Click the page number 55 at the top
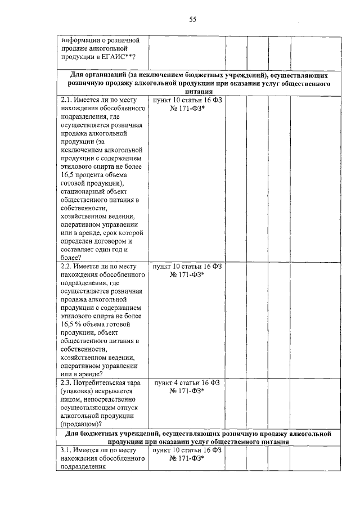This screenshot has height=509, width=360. click(x=192, y=20)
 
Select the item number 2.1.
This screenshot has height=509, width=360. click(x=67, y=100)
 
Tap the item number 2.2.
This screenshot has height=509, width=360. click(x=67, y=266)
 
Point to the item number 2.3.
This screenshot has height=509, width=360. click(x=67, y=382)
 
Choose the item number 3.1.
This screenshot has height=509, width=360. click(x=67, y=451)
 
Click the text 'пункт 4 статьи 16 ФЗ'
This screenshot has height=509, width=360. click(x=187, y=382)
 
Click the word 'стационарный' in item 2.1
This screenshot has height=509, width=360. click(x=84, y=192)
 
